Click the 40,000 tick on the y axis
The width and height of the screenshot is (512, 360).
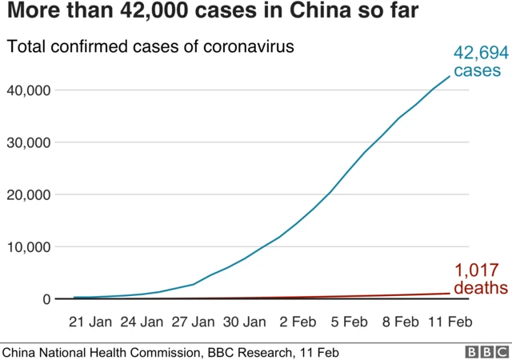pos(30,90)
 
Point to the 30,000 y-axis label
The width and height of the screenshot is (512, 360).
pos(30,142)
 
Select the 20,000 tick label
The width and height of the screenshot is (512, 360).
pos(30,194)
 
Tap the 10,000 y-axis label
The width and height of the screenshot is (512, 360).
pos(30,247)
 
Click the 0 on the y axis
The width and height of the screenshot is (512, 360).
pos(46,299)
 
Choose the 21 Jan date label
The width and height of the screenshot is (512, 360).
pos(90,322)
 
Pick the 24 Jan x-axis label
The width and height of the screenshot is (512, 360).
pos(142,322)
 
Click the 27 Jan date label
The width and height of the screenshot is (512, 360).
pos(193,322)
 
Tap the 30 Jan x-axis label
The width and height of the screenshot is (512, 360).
pos(244,322)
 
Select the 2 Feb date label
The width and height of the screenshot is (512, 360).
pos(298,322)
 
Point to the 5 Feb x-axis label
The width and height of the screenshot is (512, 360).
pos(350,322)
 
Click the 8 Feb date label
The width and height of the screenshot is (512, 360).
pos(401,322)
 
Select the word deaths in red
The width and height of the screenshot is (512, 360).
pos(480,287)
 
